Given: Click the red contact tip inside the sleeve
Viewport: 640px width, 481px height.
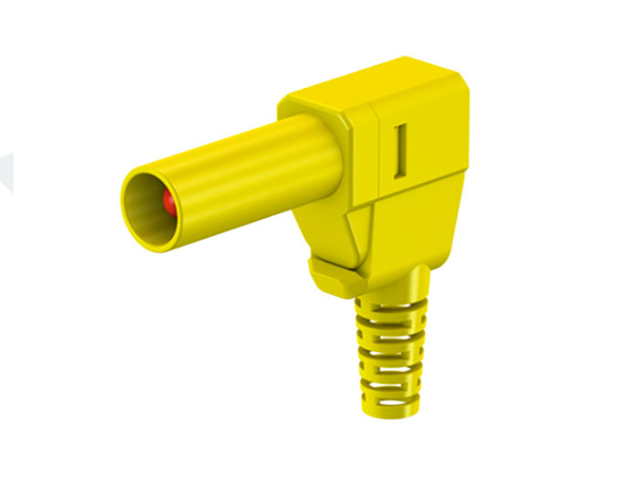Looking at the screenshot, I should [169, 203].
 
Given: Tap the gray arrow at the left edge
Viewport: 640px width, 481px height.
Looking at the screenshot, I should [7, 172].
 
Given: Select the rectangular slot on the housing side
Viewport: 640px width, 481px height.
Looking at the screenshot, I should [400, 151].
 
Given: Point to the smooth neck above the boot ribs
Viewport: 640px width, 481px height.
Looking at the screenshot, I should [402, 279].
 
